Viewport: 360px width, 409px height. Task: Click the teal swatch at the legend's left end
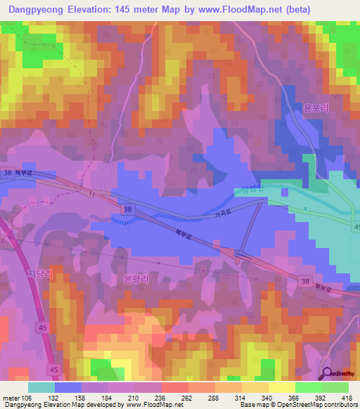pos(41,387)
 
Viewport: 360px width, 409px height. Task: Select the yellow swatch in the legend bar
pos(281,387)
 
